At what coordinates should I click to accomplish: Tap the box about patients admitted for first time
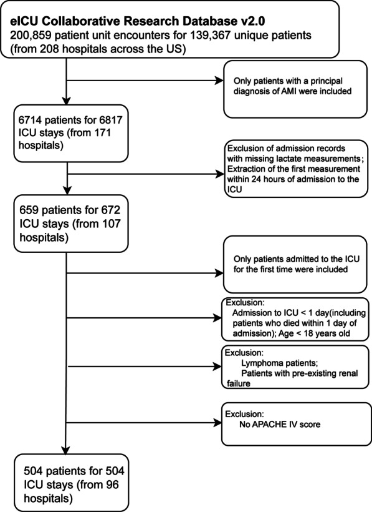tap(292, 272)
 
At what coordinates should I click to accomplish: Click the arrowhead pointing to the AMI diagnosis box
tap(218, 81)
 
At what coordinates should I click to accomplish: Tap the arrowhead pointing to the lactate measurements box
tap(218, 171)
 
